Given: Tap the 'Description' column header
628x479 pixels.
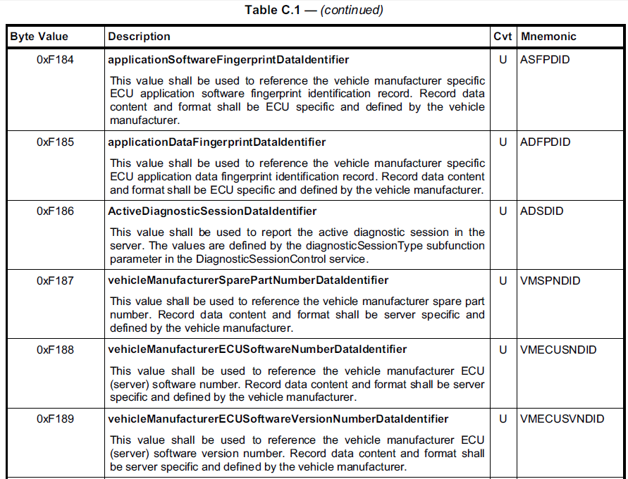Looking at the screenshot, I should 139,37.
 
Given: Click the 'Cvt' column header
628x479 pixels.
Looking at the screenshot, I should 503,37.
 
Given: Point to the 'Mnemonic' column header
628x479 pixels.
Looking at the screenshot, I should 548,37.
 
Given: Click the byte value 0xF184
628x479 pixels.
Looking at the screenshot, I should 55,60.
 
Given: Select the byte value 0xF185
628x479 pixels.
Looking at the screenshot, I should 55,142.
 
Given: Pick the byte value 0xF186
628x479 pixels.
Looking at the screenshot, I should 55,211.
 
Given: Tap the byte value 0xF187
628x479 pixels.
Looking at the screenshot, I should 55,280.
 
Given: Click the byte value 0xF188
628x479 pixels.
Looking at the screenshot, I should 55,349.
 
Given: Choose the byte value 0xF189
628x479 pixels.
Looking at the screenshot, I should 55,419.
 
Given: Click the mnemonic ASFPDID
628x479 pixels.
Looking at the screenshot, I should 545,60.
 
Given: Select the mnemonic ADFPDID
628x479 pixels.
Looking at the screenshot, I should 546,142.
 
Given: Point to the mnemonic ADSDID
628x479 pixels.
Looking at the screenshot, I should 541,211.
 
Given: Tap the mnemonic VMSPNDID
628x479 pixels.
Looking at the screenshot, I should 550,280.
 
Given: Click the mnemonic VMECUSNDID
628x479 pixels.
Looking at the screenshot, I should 558,349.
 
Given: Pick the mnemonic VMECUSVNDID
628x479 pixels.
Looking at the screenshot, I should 562,419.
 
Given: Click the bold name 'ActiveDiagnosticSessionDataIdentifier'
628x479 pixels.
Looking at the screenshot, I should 212,211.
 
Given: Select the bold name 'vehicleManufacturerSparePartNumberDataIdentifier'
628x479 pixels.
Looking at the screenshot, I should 248,280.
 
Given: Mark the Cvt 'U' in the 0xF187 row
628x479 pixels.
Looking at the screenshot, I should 503,280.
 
